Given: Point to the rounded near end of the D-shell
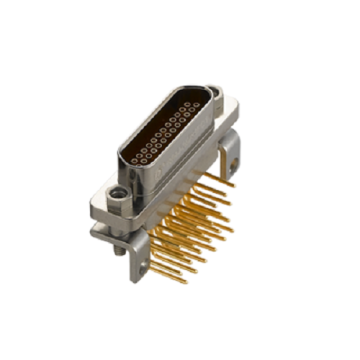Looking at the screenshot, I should pos(125,160).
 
